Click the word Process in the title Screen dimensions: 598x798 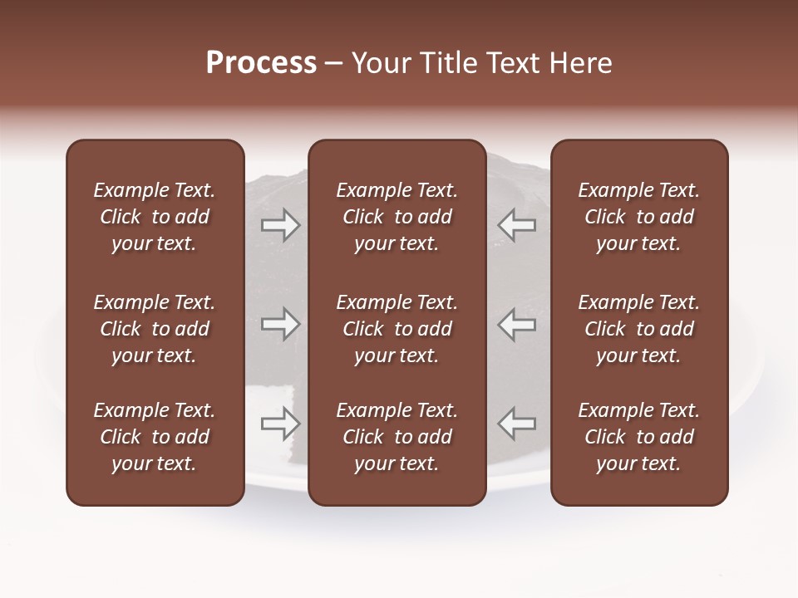261,63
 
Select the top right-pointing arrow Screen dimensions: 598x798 280,225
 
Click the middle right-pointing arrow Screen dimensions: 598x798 280,323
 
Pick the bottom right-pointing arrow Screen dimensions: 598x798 280,424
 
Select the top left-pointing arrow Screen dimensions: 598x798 517,225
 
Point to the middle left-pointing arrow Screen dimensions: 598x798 517,323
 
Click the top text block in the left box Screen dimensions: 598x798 155,217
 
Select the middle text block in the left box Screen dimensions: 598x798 155,329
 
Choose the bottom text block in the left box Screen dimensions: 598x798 155,437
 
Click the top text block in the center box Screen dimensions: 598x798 397,217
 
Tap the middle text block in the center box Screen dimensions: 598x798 397,329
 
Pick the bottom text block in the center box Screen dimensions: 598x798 397,437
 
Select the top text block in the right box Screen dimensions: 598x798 639,217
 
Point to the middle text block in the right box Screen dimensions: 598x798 639,329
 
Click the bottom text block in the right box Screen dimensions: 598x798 639,437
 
